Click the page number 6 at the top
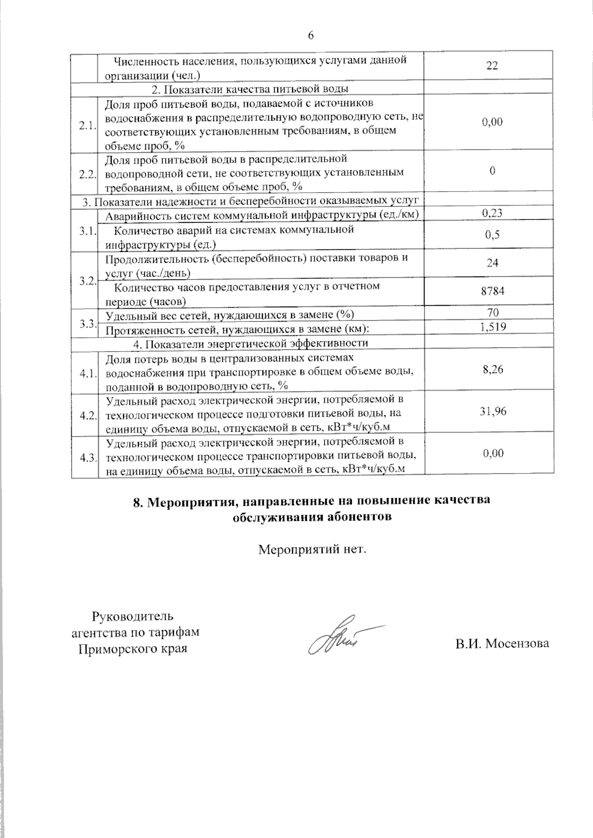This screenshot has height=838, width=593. point(311,35)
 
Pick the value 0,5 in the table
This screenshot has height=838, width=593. point(492,235)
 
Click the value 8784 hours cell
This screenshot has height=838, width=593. point(492,291)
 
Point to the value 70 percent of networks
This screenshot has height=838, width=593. point(492,313)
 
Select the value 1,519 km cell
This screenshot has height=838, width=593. point(492,326)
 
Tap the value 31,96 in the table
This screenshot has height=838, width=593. point(493,411)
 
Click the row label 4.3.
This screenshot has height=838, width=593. point(87,458)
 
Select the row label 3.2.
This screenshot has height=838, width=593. point(87,280)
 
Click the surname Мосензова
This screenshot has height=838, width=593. point(517,643)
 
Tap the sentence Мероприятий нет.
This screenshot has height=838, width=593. point(312,549)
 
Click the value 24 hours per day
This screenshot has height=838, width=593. point(492,263)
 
